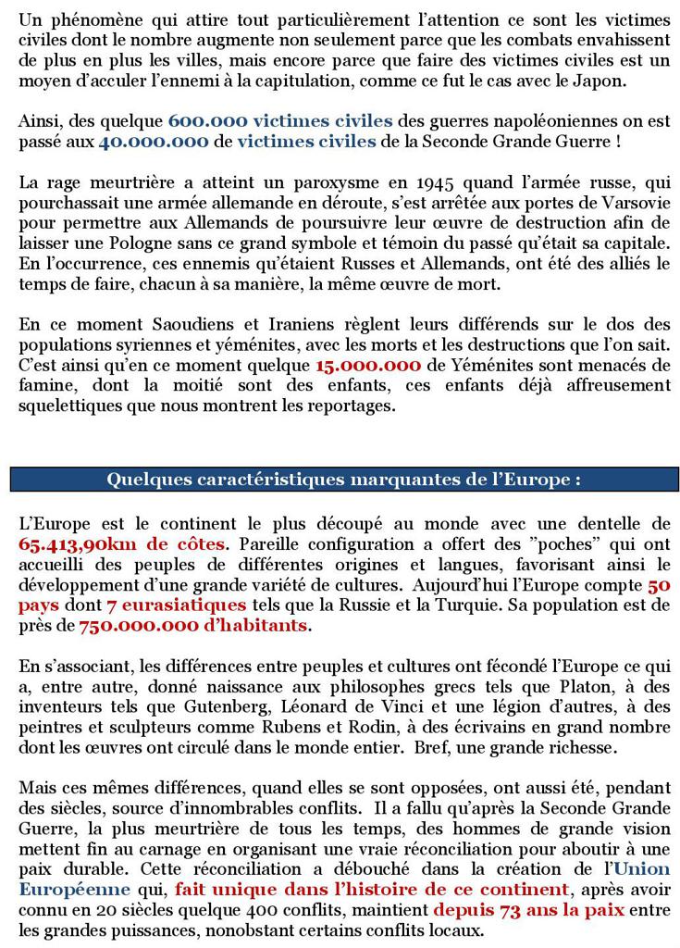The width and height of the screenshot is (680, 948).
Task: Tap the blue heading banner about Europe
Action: click(340, 480)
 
